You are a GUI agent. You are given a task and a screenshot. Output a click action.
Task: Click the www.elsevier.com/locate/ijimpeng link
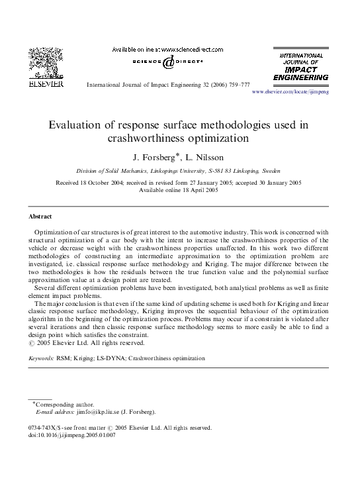pyautogui.click(x=291, y=92)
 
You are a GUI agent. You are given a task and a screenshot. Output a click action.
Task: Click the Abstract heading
pyautogui.click(x=40, y=217)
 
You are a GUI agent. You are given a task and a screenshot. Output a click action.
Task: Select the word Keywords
pyautogui.click(x=41, y=358)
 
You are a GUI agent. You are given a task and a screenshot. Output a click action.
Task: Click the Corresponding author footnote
pyautogui.click(x=64, y=405)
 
